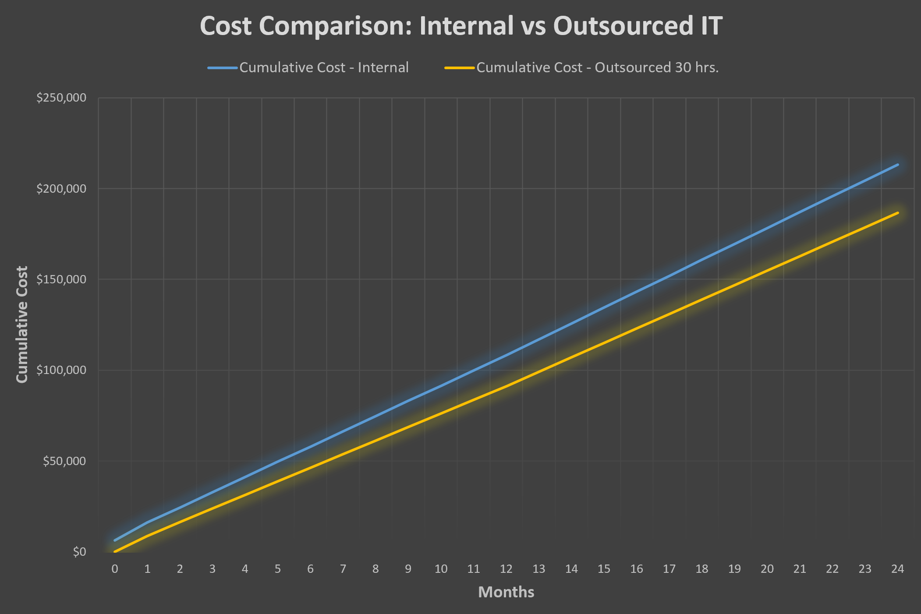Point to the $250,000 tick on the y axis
click(61, 98)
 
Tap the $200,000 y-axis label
click(61, 189)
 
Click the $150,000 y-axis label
click(61, 279)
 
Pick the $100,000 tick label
click(61, 370)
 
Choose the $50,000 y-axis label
click(64, 461)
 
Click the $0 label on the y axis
click(79, 552)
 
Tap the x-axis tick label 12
click(506, 569)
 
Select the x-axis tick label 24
click(897, 569)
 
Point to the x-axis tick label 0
click(115, 569)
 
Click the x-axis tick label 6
click(310, 569)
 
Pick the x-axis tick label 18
click(702, 569)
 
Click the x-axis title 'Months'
click(506, 592)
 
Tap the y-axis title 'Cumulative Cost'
click(22, 324)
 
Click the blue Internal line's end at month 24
click(898, 165)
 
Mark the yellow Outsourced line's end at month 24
click(898, 213)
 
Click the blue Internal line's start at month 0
click(115, 540)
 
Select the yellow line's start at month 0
click(115, 551)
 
